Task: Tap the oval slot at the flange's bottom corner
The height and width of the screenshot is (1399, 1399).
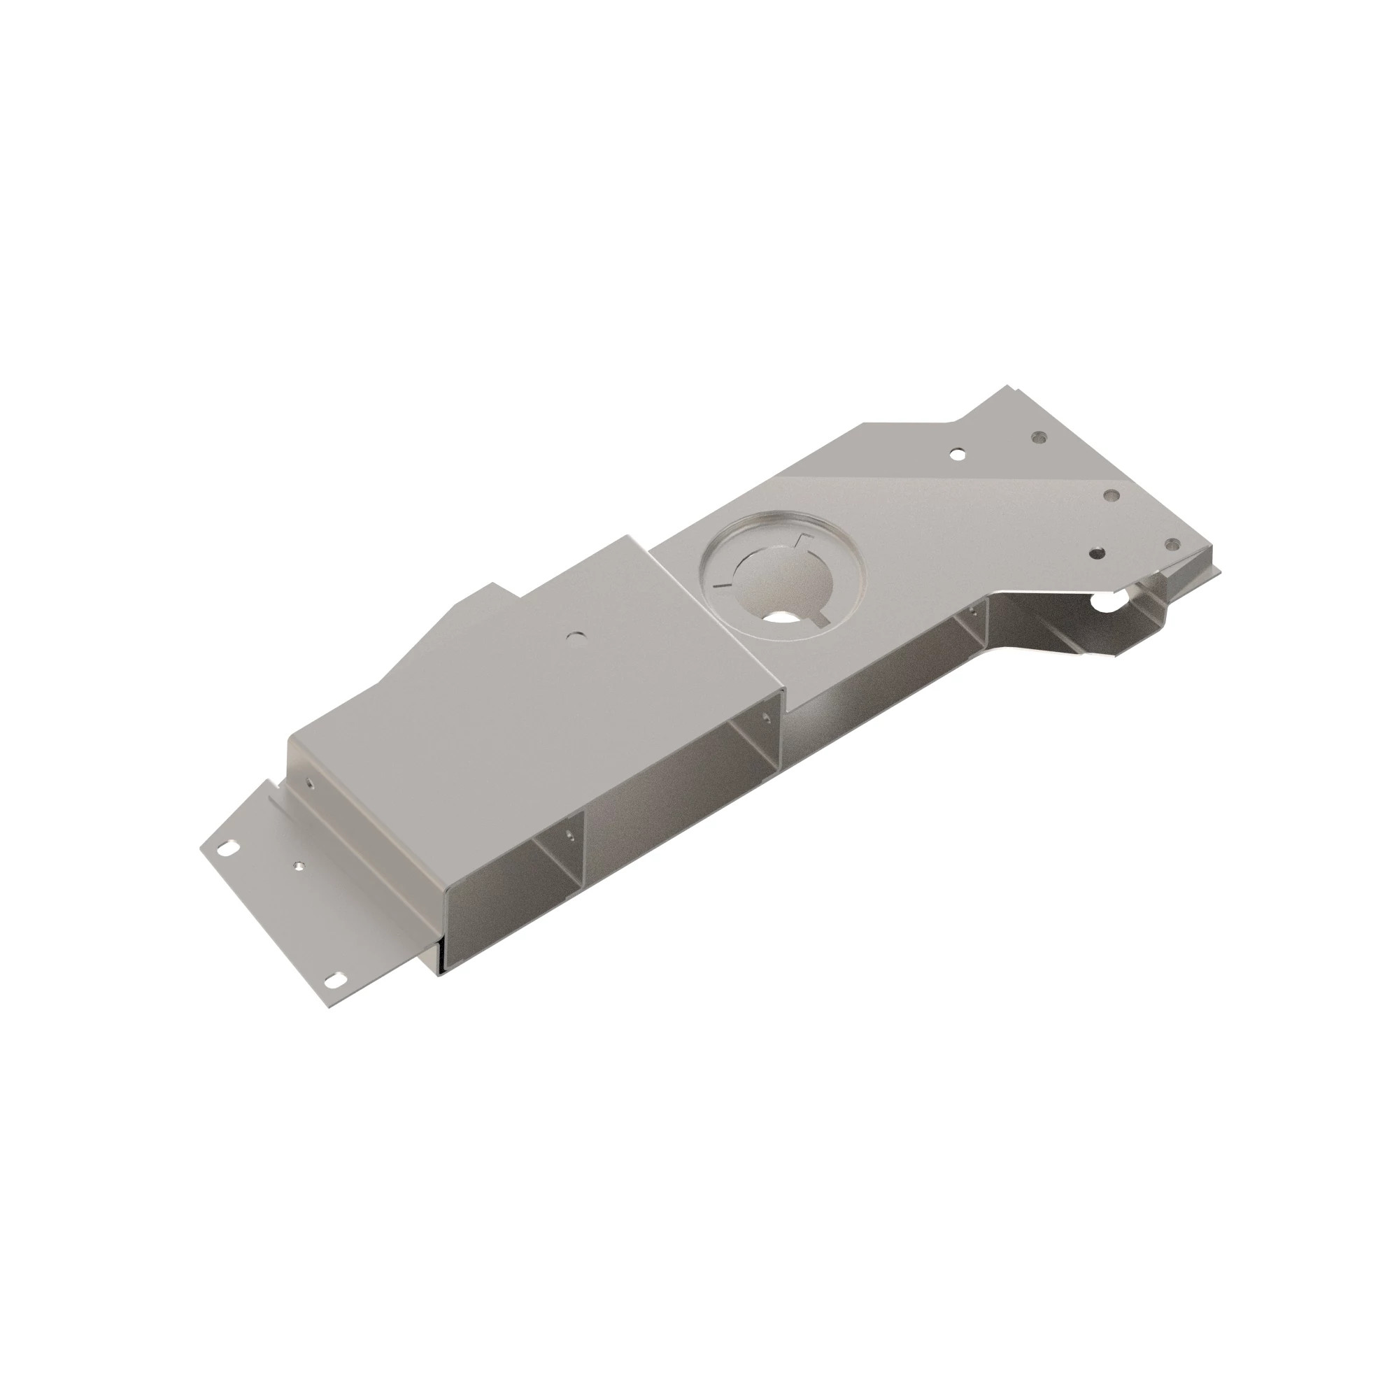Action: (335, 979)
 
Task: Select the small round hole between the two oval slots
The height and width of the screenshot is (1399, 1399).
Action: (297, 865)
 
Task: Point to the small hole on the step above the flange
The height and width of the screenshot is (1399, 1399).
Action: (310, 783)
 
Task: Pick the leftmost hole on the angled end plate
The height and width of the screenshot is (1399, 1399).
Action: (958, 455)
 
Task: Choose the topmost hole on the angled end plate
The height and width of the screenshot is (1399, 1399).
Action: (1041, 436)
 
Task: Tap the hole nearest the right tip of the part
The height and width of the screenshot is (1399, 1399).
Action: (1170, 542)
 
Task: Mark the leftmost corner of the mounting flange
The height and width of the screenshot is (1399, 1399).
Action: (201, 848)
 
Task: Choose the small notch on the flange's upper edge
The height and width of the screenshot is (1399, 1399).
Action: (274, 783)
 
